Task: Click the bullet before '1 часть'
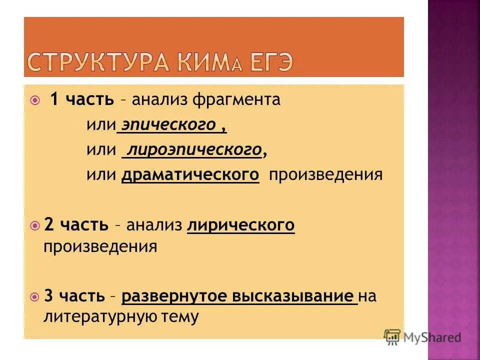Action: [34, 100]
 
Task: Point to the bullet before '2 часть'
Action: [34, 225]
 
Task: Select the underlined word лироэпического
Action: [194, 149]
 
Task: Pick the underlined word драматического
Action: [190, 174]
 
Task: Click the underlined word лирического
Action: [241, 225]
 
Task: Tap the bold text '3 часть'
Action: [75, 295]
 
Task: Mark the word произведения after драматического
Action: [326, 174]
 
